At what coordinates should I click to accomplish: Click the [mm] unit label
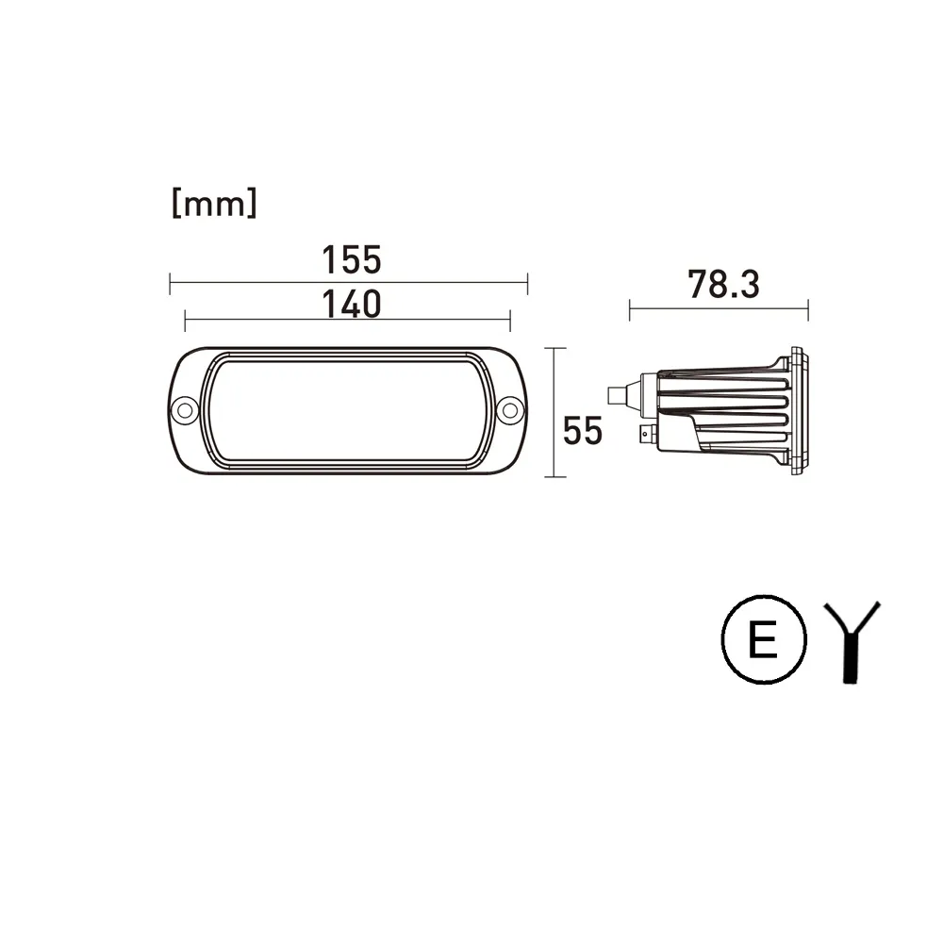[215, 203]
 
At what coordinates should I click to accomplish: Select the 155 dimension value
[352, 260]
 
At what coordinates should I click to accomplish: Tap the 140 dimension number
[352, 305]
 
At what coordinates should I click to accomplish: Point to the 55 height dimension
[582, 431]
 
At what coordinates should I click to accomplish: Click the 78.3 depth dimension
[723, 284]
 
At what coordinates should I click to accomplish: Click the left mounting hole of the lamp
[185, 410]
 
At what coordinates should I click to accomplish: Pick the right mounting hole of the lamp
[510, 410]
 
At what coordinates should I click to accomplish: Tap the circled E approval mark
[764, 639]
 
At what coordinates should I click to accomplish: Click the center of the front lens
[348, 411]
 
